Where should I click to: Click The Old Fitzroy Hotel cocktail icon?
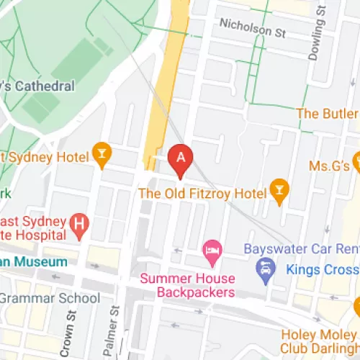pos(279,190)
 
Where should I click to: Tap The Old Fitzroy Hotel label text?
pos(201,193)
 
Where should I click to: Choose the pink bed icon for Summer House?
pos(212,252)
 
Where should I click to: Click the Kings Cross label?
pos(323,270)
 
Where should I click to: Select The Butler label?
pos(328,114)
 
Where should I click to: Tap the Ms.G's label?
pos(328,166)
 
